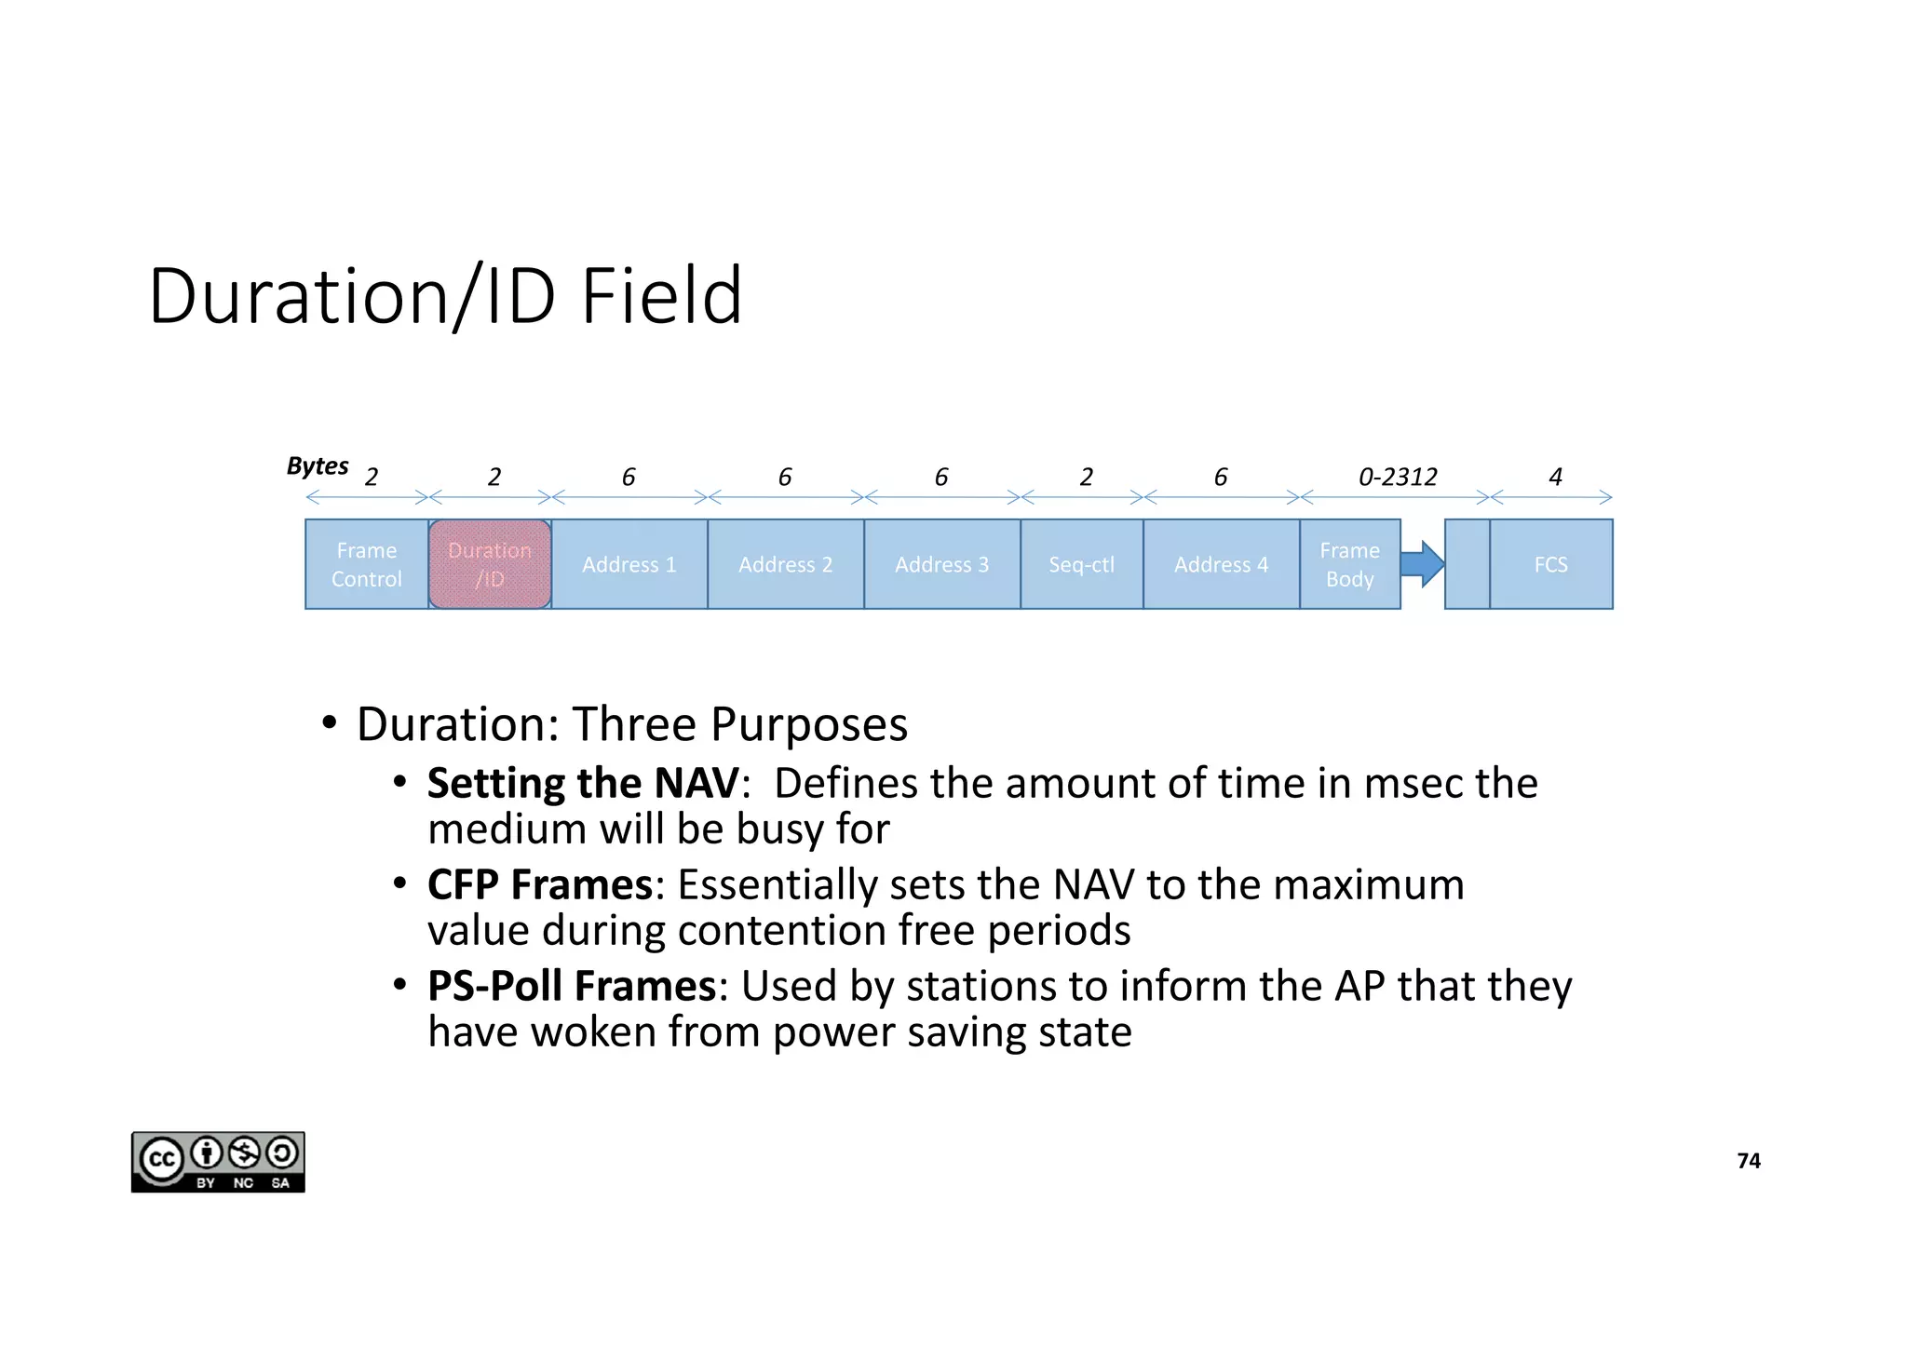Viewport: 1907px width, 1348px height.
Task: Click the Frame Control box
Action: click(x=366, y=564)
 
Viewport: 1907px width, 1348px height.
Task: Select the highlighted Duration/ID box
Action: click(x=490, y=564)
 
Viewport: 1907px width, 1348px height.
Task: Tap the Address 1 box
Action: click(x=629, y=564)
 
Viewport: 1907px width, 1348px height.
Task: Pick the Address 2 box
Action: click(x=785, y=564)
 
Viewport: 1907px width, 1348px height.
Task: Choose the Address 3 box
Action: click(x=941, y=564)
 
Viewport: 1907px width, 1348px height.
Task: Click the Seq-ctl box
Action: click(x=1081, y=564)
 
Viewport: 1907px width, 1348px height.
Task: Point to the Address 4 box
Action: click(x=1221, y=564)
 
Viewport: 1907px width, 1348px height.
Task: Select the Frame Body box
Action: click(x=1349, y=564)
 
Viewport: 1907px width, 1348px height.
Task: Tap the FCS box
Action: click(x=1550, y=564)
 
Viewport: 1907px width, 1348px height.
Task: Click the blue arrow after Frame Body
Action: click(x=1422, y=564)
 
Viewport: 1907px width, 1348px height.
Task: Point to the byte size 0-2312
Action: click(x=1398, y=478)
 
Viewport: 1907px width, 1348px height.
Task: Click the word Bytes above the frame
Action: click(x=318, y=465)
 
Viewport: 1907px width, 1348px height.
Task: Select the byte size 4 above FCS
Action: click(x=1555, y=478)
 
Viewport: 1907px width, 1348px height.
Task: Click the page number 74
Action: click(x=1749, y=1161)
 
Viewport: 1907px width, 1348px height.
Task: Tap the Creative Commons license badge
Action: click(x=218, y=1162)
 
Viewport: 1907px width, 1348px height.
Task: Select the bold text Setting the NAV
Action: click(x=583, y=783)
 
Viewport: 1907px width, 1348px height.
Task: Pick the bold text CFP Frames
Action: click(x=540, y=884)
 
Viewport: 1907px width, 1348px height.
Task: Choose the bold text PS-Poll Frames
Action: click(x=572, y=986)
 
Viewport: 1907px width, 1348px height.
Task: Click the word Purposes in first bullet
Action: click(x=808, y=724)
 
